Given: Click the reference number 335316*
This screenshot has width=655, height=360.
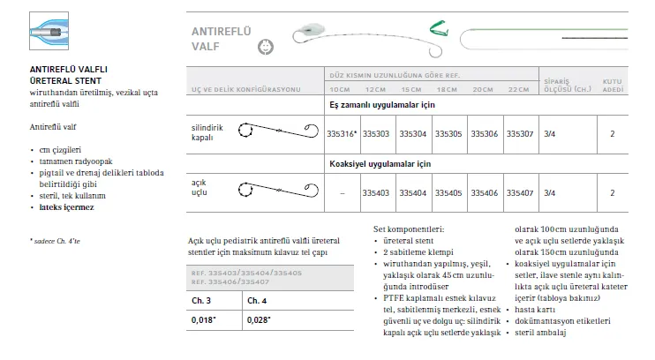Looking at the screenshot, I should (x=341, y=135).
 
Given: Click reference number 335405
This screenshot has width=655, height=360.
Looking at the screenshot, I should (x=447, y=191).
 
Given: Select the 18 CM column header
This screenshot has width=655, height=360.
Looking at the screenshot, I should (x=445, y=90).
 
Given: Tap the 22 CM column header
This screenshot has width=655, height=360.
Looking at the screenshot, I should (x=515, y=90).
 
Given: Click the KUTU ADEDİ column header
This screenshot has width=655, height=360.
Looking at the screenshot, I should (x=612, y=85).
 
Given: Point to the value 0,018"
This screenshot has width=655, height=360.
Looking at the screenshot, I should (x=202, y=319).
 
